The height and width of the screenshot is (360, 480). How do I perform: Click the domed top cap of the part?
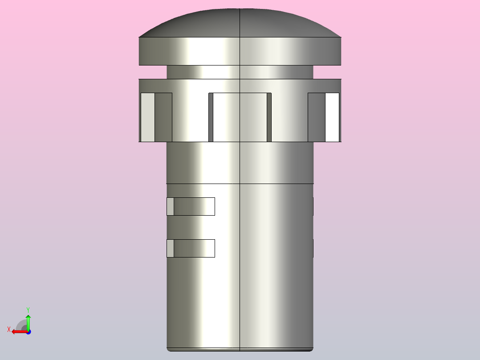click(x=240, y=23)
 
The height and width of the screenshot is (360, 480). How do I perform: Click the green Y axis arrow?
click(x=28, y=322)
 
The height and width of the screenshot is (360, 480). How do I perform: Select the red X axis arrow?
click(x=20, y=332)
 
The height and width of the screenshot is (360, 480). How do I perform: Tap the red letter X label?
click(x=9, y=329)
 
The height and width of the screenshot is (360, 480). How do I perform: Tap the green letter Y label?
click(x=28, y=310)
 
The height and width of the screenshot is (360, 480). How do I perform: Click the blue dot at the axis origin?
click(x=28, y=332)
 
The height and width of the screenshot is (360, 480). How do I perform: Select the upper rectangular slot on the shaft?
click(x=191, y=206)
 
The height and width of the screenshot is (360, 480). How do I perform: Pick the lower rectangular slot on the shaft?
click(x=191, y=248)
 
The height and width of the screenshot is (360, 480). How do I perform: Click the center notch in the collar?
click(x=240, y=117)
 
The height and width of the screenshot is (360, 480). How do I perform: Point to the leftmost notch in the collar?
click(x=156, y=117)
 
